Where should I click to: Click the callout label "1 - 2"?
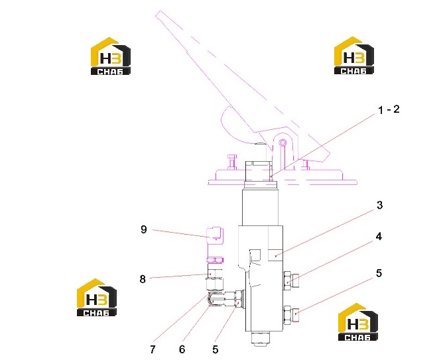[389, 109]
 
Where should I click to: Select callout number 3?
[380, 205]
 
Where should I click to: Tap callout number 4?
[379, 237]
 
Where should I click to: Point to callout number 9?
[144, 229]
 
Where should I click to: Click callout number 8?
[143, 279]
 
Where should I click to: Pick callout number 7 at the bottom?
[153, 349]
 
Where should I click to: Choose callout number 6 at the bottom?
[182, 349]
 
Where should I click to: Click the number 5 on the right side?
[379, 272]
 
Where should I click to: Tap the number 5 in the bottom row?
[215, 349]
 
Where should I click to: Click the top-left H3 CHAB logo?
[111, 56]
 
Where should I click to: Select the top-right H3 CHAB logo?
[354, 56]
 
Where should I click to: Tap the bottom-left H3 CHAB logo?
[97, 297]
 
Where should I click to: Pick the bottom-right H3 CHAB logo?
[357, 322]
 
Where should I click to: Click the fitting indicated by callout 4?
[291, 280]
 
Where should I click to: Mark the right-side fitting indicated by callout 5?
[291, 316]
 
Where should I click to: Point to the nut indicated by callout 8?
[215, 272]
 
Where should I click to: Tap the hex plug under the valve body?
[261, 338]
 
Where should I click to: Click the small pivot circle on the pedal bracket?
[283, 143]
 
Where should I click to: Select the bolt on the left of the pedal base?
[231, 162]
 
